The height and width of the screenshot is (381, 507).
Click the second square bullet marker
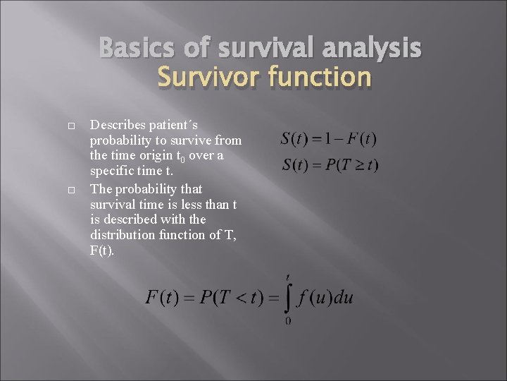[x=73, y=190]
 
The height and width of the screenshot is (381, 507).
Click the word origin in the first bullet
[x=147, y=156]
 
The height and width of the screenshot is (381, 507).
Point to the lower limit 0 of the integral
[x=289, y=322]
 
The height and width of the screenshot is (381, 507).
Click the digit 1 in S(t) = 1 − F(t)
[x=325, y=139]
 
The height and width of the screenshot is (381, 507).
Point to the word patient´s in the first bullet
[x=171, y=125]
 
